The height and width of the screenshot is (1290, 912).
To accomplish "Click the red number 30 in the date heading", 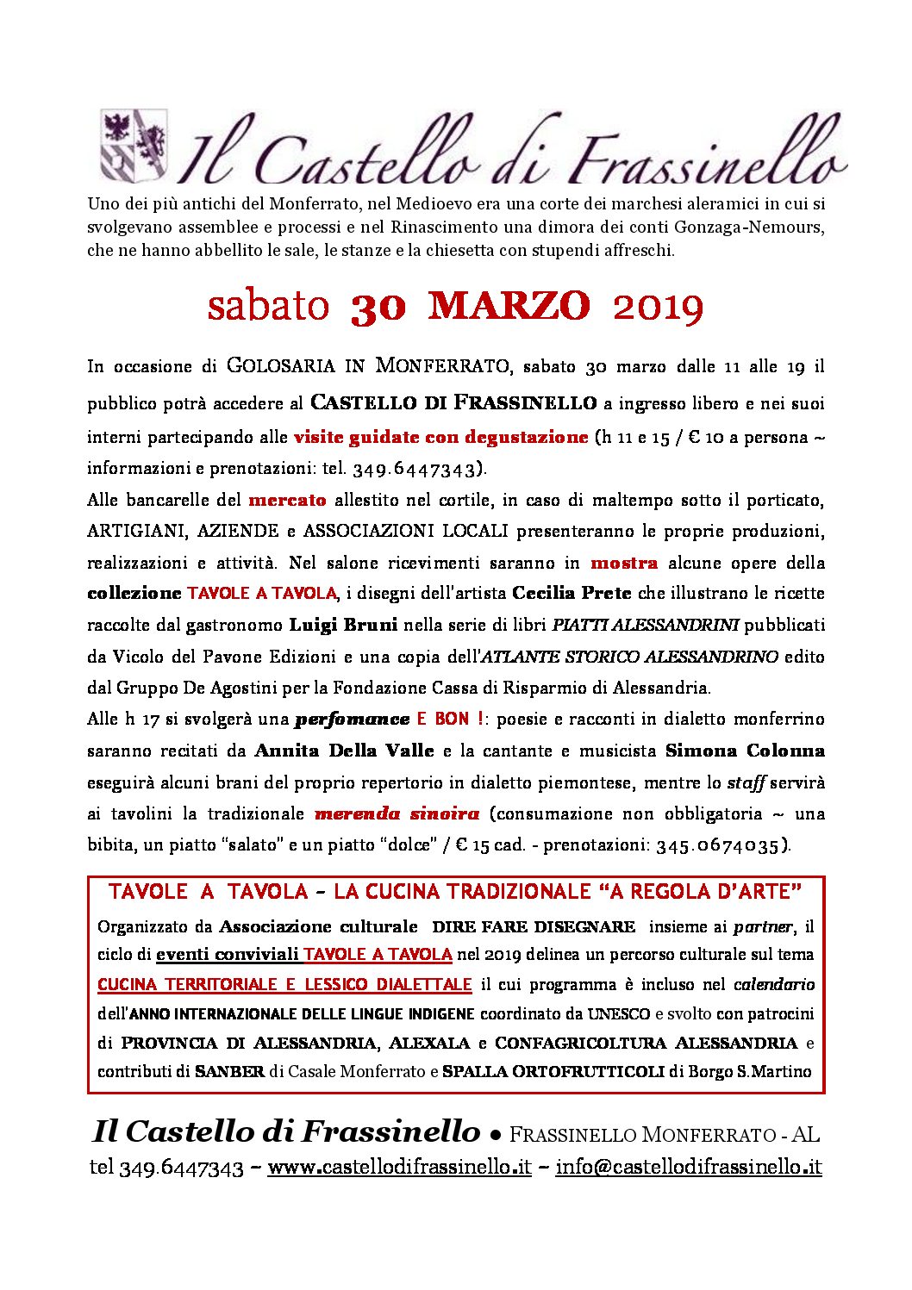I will pos(378,308).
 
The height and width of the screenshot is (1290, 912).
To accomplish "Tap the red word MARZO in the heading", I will pos(509,306).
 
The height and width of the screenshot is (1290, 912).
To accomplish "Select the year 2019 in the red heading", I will pos(659,308).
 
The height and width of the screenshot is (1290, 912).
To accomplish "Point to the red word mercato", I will pos(287,500).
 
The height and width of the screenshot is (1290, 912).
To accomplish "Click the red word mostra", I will pos(624,564).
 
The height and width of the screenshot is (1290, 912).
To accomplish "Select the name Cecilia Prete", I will pos(572,594).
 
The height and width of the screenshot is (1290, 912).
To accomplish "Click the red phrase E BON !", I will pos(449,719).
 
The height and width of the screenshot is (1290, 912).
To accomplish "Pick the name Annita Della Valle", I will pos(344,751).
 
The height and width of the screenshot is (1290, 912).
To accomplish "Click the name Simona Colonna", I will pos(745,751).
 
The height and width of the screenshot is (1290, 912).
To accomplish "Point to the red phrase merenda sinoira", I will pos(397,813).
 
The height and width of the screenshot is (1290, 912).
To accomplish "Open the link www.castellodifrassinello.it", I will pos(399,1168).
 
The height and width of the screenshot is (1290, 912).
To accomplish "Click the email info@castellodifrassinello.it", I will pos(688,1168).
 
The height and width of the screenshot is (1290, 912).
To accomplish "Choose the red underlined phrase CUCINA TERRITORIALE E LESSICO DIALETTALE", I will pos(284,985).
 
